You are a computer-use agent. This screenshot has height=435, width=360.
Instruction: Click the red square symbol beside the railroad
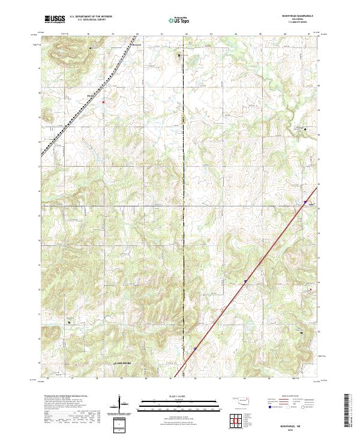click(103, 102)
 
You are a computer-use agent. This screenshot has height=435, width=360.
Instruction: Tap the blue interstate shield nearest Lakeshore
click(195, 347)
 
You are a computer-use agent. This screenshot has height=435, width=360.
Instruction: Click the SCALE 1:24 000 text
click(179, 397)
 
